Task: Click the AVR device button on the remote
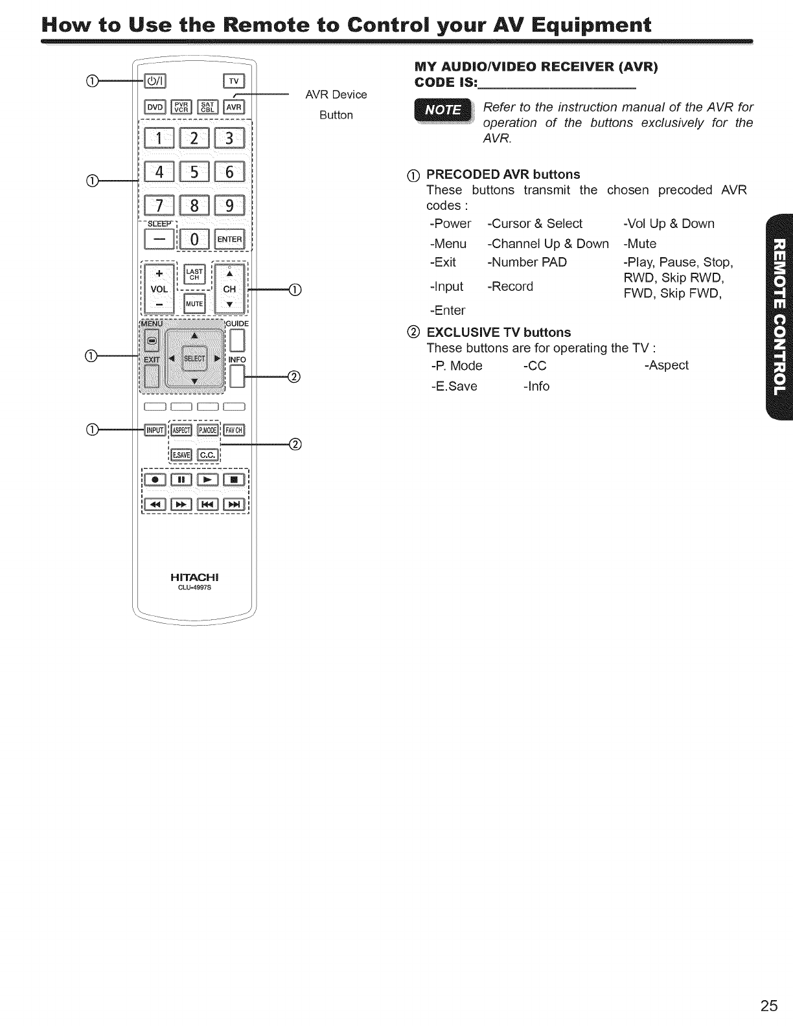coord(233,107)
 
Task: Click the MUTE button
coord(194,304)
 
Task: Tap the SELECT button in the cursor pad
coord(194,358)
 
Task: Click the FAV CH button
coord(233,430)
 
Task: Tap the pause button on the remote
coord(181,480)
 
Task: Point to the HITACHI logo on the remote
coord(195,577)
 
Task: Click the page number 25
coord(769,1005)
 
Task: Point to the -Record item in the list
coord(510,286)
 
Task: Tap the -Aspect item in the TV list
coord(667,365)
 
